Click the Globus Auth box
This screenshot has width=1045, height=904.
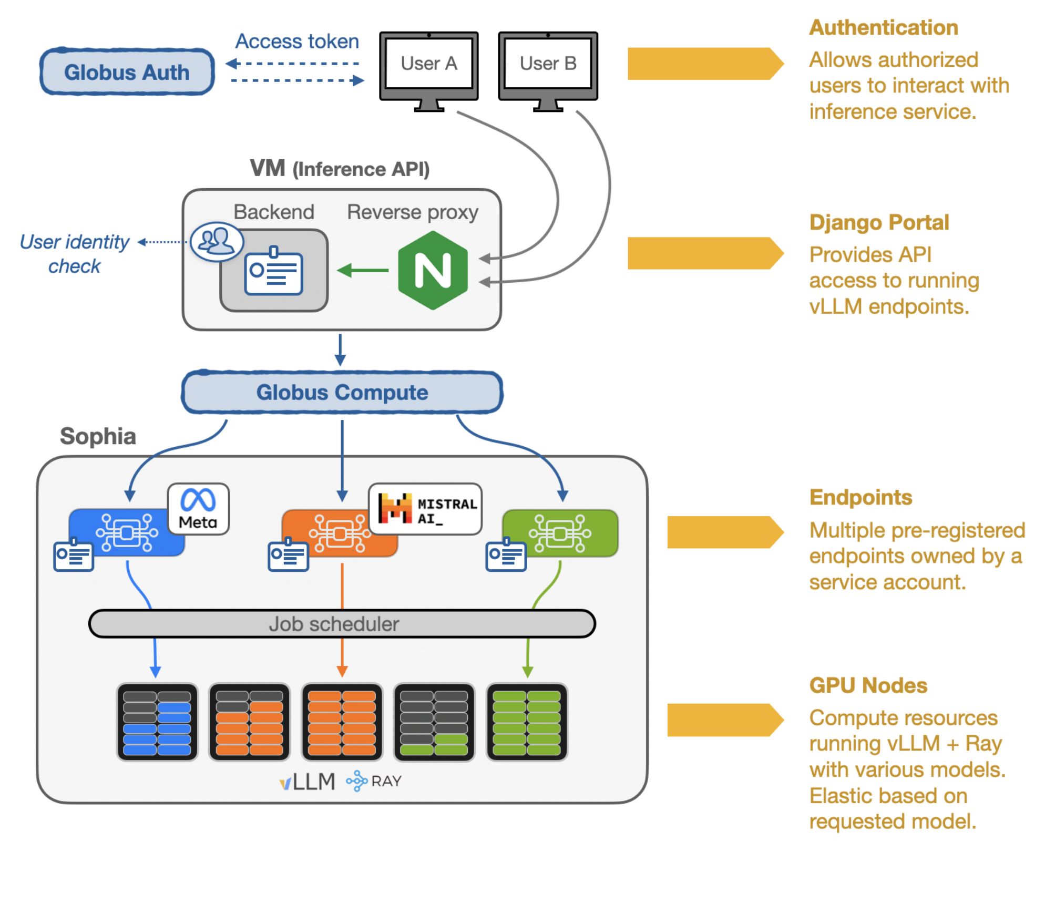(x=127, y=72)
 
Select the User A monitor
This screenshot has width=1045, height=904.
(x=428, y=66)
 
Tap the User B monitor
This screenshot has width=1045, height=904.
(x=548, y=66)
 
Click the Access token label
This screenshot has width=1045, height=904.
(x=297, y=42)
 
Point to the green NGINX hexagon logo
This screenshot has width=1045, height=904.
(x=433, y=270)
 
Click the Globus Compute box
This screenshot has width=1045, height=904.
(x=342, y=393)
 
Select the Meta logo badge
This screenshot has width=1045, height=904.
(x=198, y=509)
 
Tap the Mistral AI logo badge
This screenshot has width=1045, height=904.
(x=425, y=509)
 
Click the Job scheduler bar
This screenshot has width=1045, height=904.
(x=342, y=624)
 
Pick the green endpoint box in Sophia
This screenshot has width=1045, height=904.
(x=560, y=533)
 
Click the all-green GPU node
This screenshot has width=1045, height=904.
(x=527, y=722)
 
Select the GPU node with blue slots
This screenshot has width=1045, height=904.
(x=157, y=722)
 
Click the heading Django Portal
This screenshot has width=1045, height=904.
(x=879, y=222)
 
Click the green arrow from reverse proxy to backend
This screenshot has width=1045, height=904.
(x=363, y=271)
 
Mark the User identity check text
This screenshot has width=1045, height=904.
(x=75, y=254)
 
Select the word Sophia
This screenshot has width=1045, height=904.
(x=98, y=436)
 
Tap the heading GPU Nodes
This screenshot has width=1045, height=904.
(x=868, y=685)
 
